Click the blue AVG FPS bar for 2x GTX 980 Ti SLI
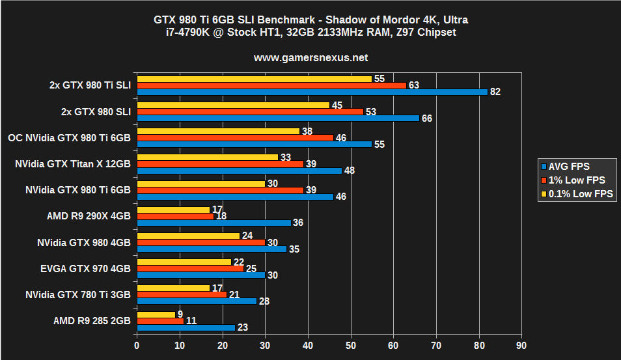point(312,92)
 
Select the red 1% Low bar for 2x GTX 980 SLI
point(250,111)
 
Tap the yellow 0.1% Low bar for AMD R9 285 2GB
point(156,314)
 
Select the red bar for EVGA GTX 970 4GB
point(190,268)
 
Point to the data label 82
point(495,92)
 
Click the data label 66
point(426,118)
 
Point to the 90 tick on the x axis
point(521,345)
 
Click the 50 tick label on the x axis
point(350,345)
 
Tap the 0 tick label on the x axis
point(137,345)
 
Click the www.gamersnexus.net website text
point(310,57)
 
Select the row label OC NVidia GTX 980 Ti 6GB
point(69,138)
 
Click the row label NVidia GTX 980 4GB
point(83,242)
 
